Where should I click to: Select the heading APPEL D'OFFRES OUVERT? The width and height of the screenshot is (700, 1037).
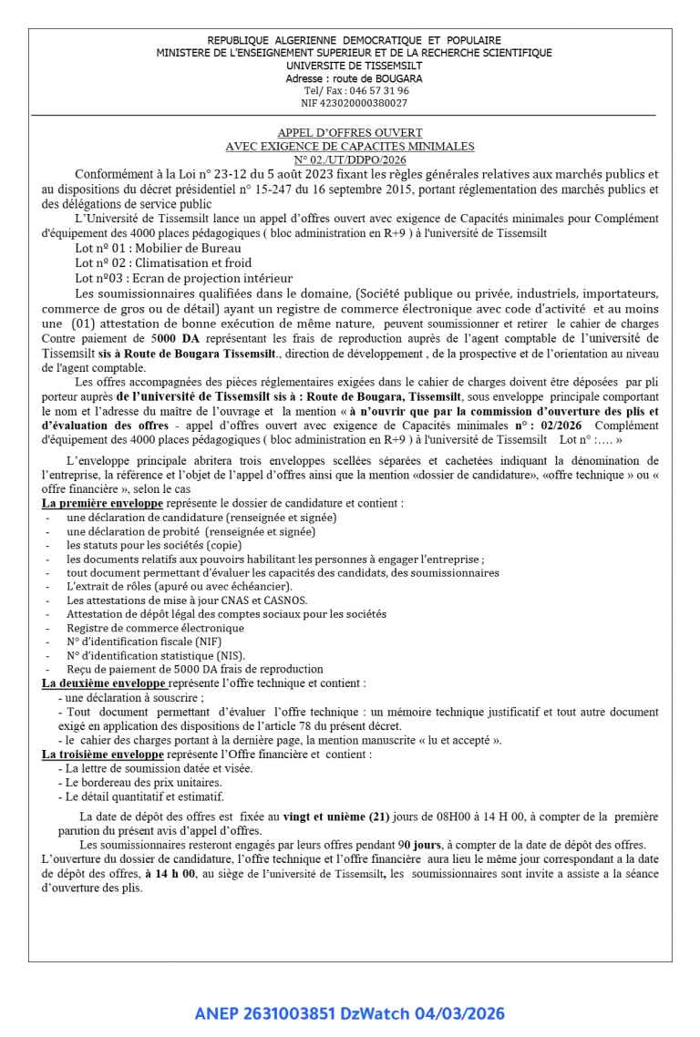coord(350,133)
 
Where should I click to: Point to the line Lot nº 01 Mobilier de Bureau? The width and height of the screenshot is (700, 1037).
coord(153,246)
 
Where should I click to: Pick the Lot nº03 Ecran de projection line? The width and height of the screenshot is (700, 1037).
coord(184,278)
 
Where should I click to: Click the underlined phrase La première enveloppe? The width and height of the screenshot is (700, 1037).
coord(103,502)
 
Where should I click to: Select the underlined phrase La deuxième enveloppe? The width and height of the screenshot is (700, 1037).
coord(103,683)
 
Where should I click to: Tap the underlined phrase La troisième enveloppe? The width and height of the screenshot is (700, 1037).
coord(103,755)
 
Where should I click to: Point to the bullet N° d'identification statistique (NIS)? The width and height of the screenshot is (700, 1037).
coord(155,655)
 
